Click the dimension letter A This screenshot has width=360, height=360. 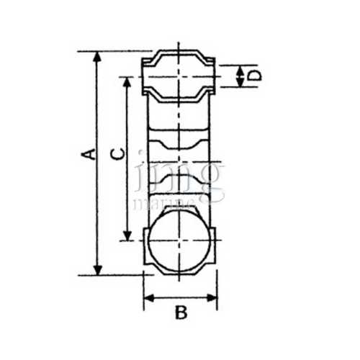click(88, 153)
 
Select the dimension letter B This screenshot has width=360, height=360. click(181, 312)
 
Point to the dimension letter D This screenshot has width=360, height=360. click(253, 75)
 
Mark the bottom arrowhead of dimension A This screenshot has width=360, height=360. click(97, 269)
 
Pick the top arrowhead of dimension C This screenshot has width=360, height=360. click(127, 81)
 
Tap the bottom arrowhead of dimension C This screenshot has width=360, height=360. click(127, 236)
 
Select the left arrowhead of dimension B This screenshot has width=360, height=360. click(148, 297)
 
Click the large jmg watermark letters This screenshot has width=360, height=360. click(180, 176)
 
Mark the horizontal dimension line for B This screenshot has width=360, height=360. click(180, 297)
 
